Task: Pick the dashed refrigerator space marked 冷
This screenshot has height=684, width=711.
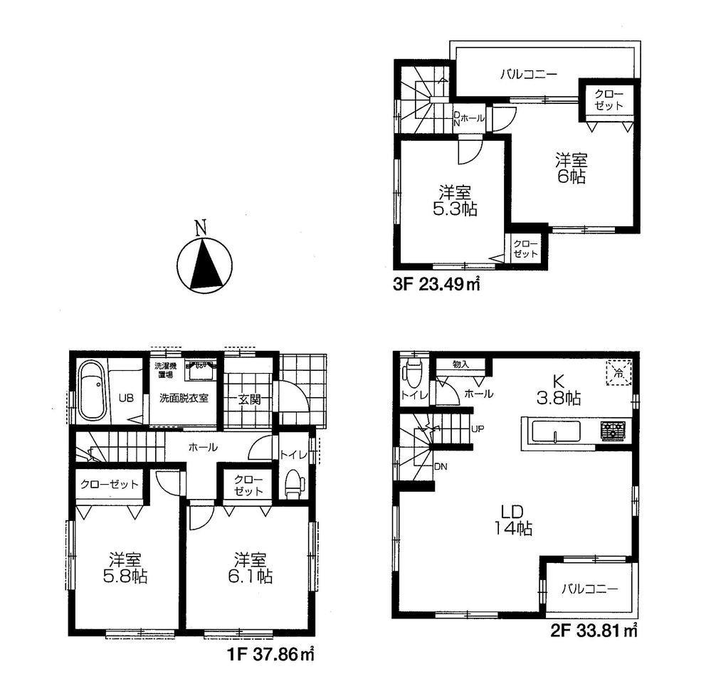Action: (618, 373)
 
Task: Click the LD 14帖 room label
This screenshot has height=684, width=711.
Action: (512, 520)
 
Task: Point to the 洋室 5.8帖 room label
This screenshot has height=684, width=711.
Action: (128, 567)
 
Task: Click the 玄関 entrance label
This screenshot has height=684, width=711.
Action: (249, 399)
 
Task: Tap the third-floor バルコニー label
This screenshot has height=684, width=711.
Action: (527, 73)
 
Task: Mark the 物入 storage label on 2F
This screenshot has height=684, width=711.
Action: (461, 364)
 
